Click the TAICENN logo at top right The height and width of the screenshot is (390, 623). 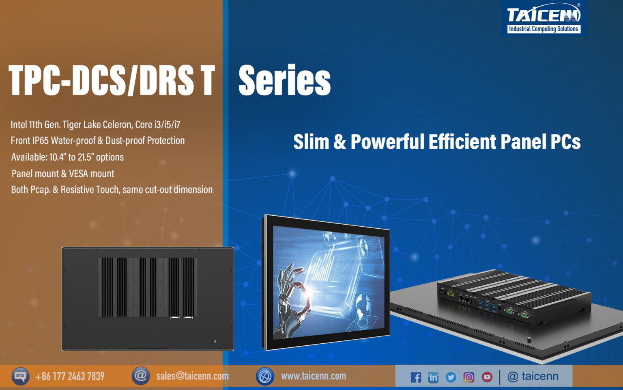pyautogui.click(x=544, y=18)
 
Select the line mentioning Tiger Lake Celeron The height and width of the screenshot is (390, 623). pyautogui.click(x=95, y=124)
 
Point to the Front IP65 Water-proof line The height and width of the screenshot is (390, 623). pyautogui.click(x=97, y=141)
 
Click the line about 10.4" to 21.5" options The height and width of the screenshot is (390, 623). pyautogui.click(x=67, y=157)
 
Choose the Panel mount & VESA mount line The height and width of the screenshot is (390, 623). pyautogui.click(x=63, y=174)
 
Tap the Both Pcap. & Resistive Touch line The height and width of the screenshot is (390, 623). pyautogui.click(x=112, y=190)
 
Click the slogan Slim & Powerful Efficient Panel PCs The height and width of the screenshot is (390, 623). pyautogui.click(x=437, y=142)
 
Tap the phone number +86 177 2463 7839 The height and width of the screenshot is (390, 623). pyautogui.click(x=70, y=376)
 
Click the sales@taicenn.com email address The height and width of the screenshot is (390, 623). pyautogui.click(x=192, y=376)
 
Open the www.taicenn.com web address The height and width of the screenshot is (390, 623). pyautogui.click(x=314, y=376)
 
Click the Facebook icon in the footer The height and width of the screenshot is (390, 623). pyautogui.click(x=416, y=377)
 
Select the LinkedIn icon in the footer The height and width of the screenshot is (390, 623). pyautogui.click(x=433, y=377)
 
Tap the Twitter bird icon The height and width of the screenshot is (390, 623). pyautogui.click(x=451, y=377)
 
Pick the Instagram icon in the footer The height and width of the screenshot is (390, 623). pyautogui.click(x=468, y=377)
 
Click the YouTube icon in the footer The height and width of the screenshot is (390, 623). pyautogui.click(x=487, y=377)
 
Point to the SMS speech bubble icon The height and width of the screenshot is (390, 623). pyautogui.click(x=20, y=376)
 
